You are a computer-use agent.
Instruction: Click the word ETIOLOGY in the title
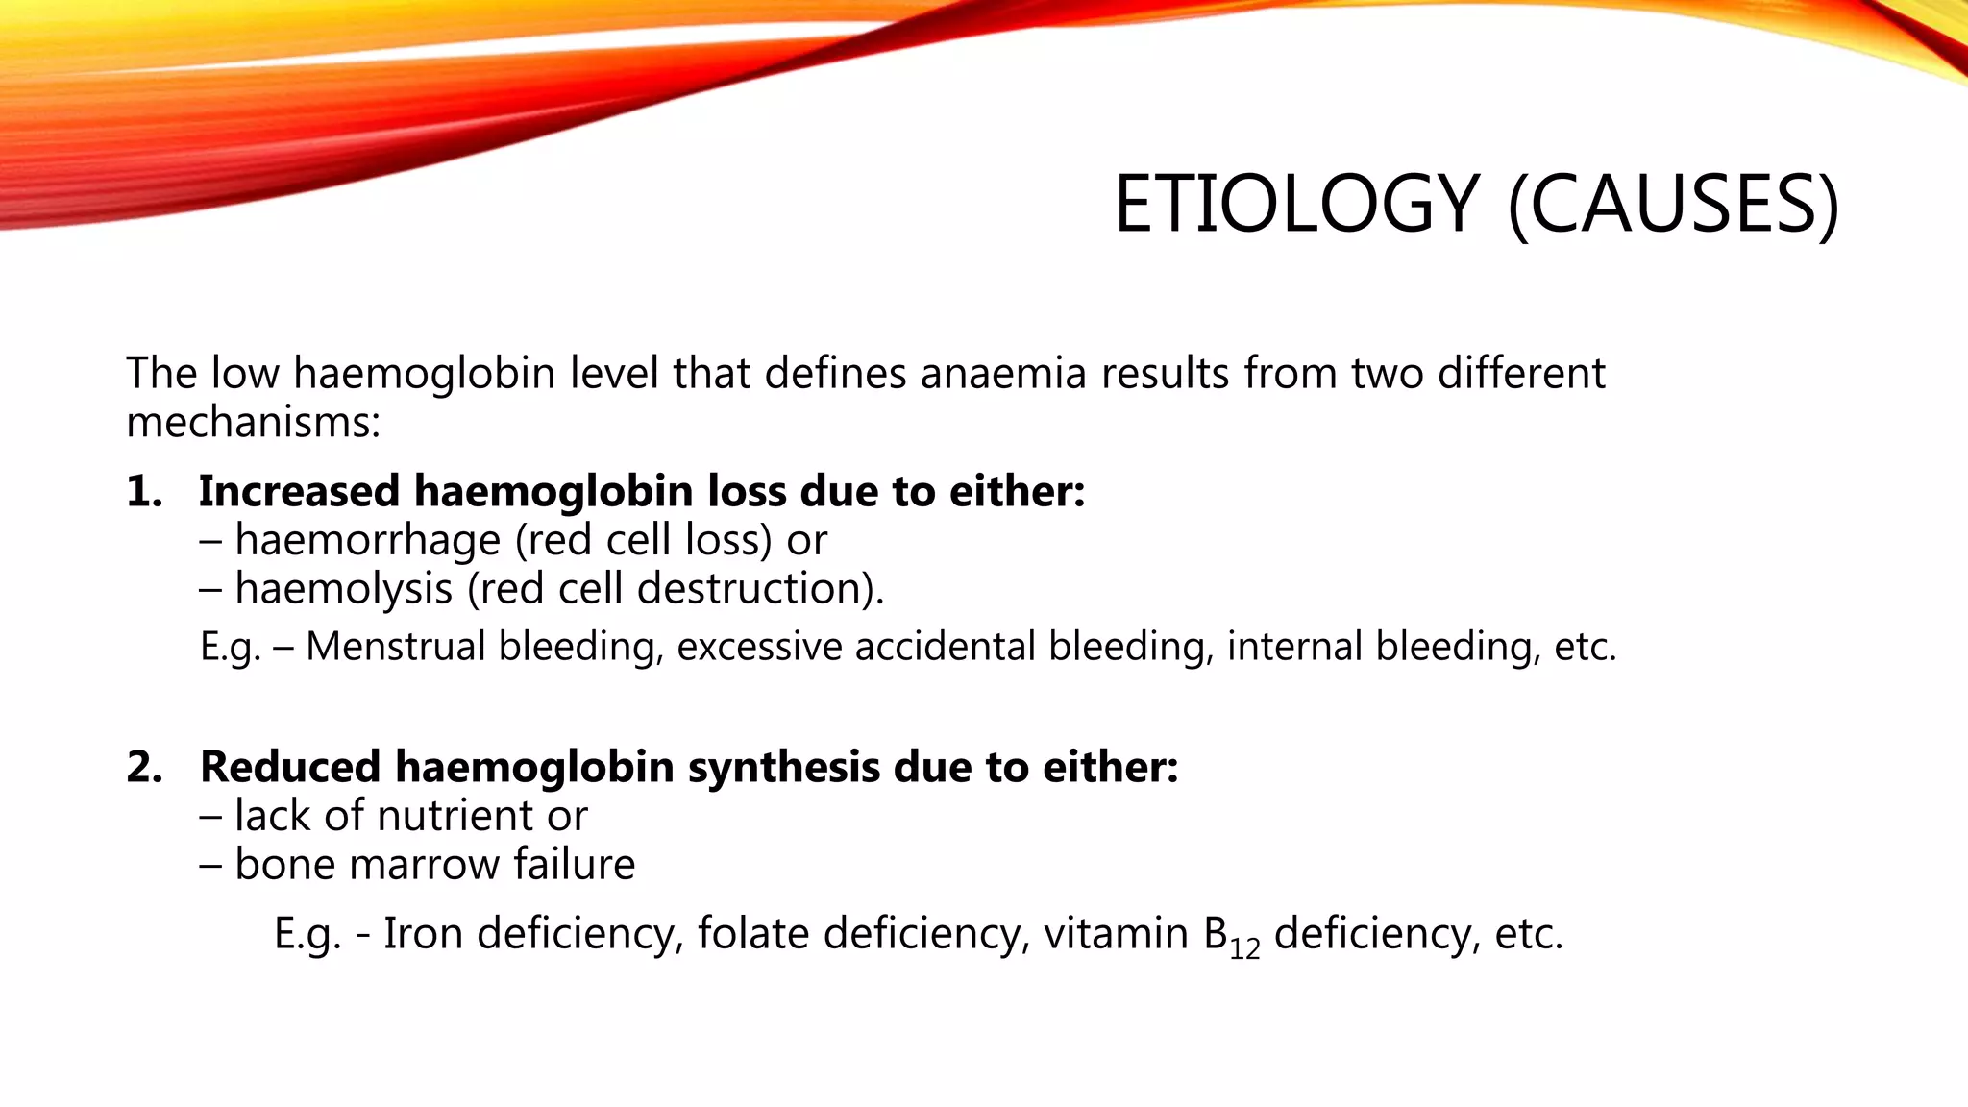click(1296, 205)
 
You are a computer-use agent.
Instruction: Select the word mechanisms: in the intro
click(254, 423)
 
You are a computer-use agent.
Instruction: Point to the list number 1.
click(144, 491)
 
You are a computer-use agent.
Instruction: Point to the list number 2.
click(144, 767)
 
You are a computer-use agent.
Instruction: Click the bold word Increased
click(299, 491)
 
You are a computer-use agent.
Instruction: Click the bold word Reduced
click(290, 767)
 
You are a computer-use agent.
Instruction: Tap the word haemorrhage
click(368, 541)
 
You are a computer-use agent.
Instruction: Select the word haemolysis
click(343, 589)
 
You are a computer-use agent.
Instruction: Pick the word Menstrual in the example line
click(396, 646)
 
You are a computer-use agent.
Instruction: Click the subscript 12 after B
click(1244, 949)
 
